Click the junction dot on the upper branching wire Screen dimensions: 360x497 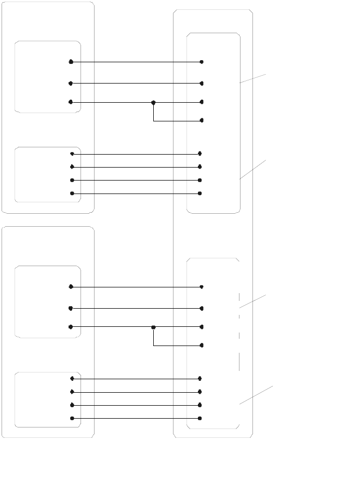point(153,103)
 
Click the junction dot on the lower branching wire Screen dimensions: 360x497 point(153,327)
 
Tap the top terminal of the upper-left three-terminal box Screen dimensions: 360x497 point(71,62)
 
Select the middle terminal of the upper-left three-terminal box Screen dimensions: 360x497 point(71,83)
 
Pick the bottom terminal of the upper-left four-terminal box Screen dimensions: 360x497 point(72,194)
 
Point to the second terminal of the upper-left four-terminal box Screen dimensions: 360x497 point(72,167)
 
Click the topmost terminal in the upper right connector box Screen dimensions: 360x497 point(202,62)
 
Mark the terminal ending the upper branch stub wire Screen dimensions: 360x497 point(202,121)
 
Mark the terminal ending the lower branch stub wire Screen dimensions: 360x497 point(202,346)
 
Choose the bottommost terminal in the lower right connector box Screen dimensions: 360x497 point(200,418)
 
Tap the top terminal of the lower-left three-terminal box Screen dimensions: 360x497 point(71,286)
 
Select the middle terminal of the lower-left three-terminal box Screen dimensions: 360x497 point(71,308)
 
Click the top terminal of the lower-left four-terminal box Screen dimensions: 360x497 point(72,379)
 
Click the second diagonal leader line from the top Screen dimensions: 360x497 point(253,170)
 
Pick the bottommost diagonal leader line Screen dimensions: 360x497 point(255,395)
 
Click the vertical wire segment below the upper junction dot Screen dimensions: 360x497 point(153,112)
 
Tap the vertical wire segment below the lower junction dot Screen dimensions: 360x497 point(153,337)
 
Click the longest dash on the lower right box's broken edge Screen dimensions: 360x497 point(239,361)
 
